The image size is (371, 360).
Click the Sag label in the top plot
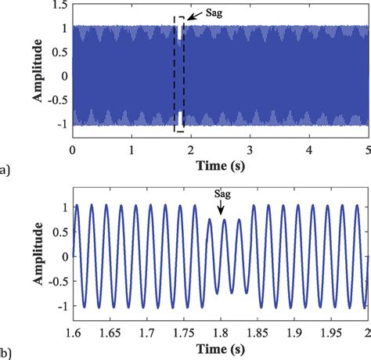211,13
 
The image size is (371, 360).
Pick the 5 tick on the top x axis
366,149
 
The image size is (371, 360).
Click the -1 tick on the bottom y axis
62,305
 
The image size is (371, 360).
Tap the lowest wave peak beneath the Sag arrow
224,222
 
